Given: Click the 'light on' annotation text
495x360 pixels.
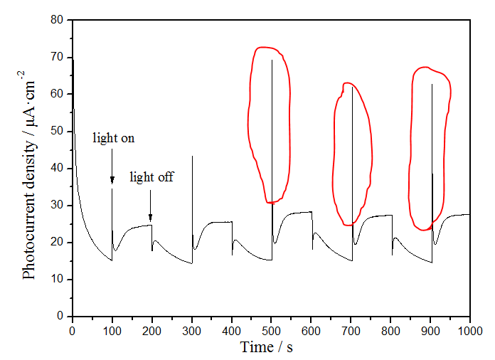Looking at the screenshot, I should tap(113, 138).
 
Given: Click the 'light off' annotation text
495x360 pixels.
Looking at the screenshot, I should tap(151, 177).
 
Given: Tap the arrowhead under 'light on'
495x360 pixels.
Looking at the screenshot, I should tap(112, 183).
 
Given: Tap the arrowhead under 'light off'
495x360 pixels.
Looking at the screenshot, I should tap(150, 218).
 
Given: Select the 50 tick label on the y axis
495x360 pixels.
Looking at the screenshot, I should tap(58, 131).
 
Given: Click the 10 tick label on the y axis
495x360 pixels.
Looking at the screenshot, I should tap(58, 280).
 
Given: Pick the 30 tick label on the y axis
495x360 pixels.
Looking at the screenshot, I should tap(58, 206).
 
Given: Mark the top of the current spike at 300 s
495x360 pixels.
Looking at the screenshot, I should tap(192, 156).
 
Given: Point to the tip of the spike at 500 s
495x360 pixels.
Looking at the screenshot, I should tap(272, 60).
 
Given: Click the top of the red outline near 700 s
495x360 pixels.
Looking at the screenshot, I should tap(348, 83).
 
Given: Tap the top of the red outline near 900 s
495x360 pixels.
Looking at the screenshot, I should tap(425, 68).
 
